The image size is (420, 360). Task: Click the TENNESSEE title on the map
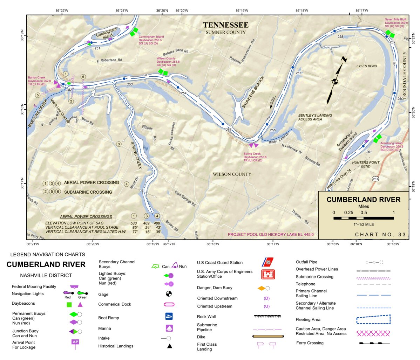pos(226,25)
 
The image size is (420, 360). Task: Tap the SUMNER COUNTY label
pos(226,33)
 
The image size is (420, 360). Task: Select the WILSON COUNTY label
pos(232,174)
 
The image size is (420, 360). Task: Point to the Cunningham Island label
pos(106,34)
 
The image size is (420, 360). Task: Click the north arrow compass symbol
pos(335,81)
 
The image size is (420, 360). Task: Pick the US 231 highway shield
pos(375,179)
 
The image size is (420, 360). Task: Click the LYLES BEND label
pos(367,66)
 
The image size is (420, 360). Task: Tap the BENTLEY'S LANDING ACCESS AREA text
pos(315,117)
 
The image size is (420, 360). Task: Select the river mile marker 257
pos(298,73)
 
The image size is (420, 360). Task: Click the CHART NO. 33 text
pos(380,235)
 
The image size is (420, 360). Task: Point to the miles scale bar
pos(363,218)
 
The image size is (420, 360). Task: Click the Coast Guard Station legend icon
pos(268,262)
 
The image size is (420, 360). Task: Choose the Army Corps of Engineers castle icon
pos(268,274)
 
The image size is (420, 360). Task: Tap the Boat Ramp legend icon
pos(169,317)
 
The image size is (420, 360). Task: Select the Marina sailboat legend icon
pos(169,328)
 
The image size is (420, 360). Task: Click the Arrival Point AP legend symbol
pos(75,343)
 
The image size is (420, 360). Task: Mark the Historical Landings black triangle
pos(169,346)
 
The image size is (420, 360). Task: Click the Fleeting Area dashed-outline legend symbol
pos(373,319)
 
